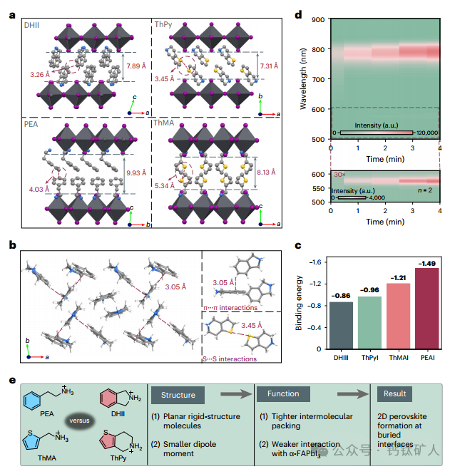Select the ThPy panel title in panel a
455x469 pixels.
click(x=163, y=24)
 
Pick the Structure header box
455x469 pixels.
click(x=178, y=395)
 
